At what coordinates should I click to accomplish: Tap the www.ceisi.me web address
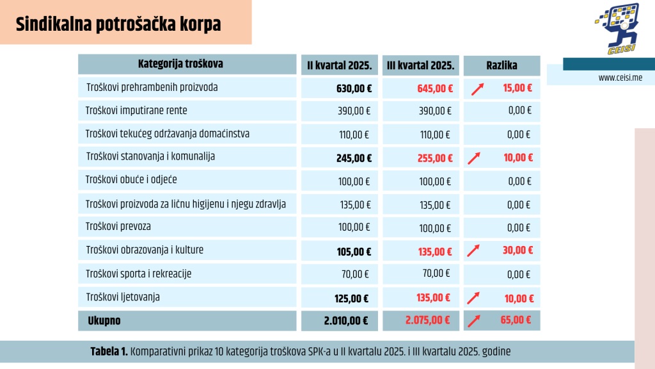coord(620,78)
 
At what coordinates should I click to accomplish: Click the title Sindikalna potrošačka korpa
coord(118,24)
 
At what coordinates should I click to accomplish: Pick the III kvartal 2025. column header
coord(420,65)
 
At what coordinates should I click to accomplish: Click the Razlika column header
coord(501,65)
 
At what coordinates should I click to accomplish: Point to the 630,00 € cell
coord(354,88)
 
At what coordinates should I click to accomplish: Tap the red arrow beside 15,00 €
coord(477,89)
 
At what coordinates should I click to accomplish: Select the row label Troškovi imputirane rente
coord(136,110)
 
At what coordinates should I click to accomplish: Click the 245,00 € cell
coord(354,158)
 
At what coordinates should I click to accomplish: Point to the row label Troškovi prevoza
coord(118,226)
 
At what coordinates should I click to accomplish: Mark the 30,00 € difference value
coord(517,250)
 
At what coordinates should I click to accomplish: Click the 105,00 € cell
coord(354,250)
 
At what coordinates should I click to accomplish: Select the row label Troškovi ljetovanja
coord(123,297)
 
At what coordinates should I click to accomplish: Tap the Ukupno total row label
coord(104,320)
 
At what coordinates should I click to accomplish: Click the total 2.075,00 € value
coord(427,320)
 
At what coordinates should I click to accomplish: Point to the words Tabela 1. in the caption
coord(109,352)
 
